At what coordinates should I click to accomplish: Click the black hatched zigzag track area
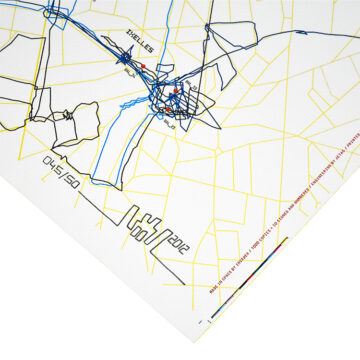(199, 105)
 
